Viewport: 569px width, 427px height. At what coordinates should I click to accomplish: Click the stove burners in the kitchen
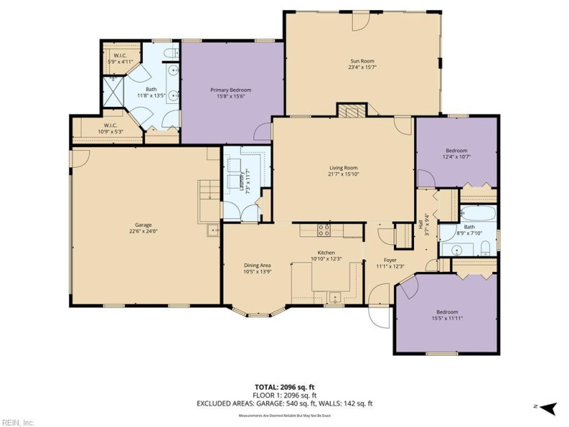[x=324, y=231]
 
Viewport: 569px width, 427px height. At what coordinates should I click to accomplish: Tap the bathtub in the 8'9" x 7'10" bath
[x=477, y=214]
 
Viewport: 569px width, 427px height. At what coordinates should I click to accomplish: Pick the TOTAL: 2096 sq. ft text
[x=284, y=388]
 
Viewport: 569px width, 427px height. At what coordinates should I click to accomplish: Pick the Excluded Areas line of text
[x=284, y=404]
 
